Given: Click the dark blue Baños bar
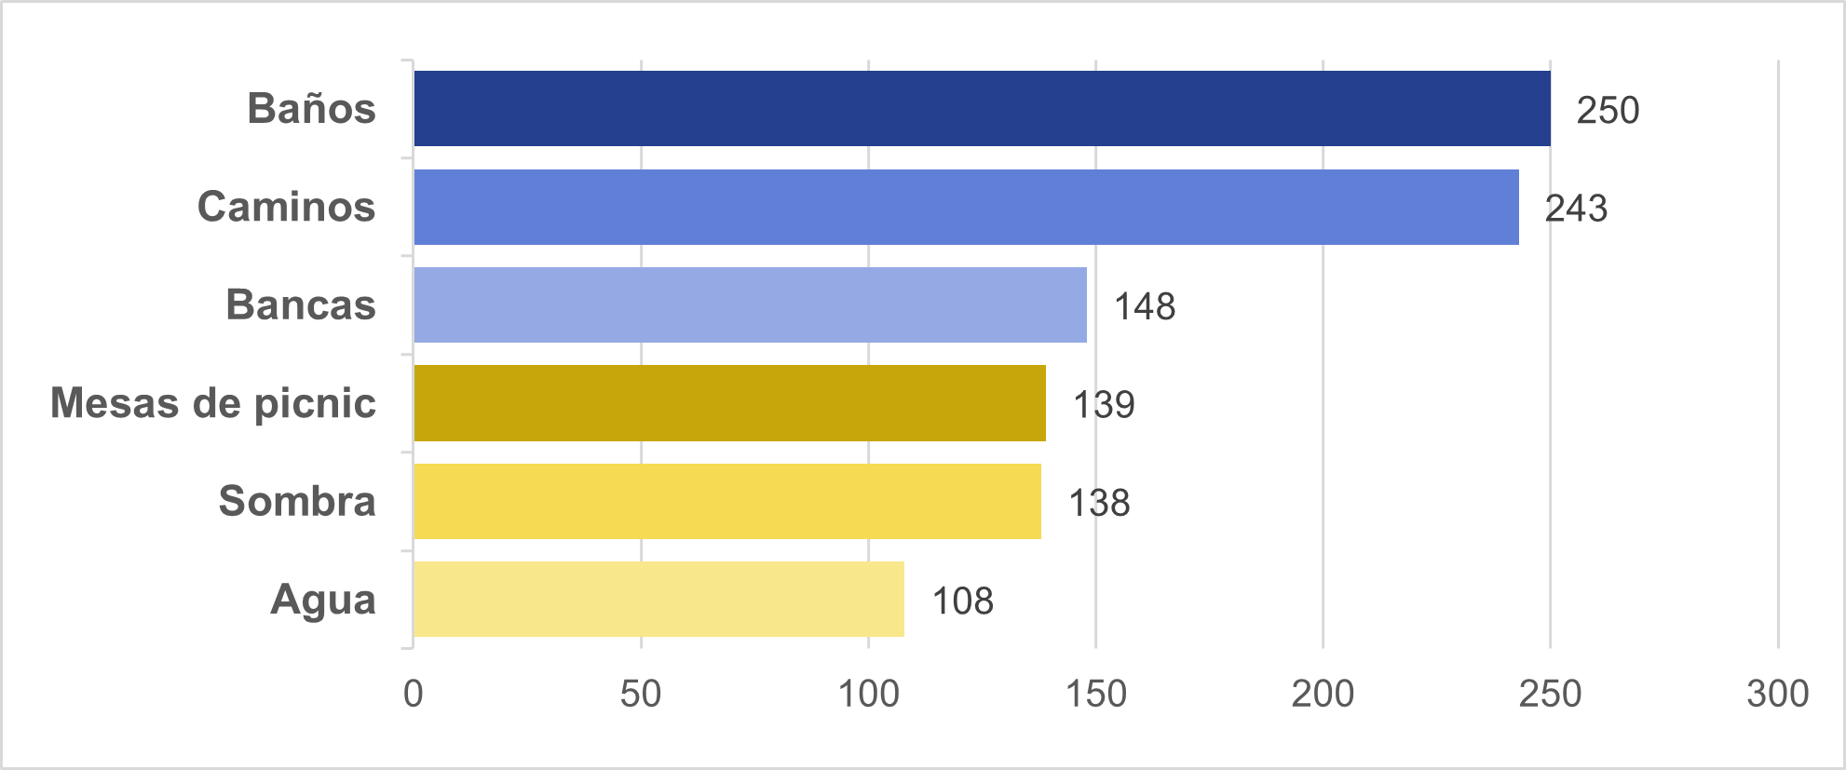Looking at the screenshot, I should pos(982,108).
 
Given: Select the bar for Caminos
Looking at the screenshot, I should pos(966,207).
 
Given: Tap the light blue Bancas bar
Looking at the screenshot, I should pos(750,304).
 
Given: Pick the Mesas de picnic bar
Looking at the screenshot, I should pos(729,403).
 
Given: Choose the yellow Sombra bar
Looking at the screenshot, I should pos(727,501).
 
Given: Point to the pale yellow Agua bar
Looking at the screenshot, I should pos(658,599).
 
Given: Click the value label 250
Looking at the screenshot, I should pos(1608,110).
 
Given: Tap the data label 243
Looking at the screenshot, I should pos(1576,209).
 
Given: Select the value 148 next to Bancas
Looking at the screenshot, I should pos(1145,306).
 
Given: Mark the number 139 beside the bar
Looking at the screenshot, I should pos(1104,404).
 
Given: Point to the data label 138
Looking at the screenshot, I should pos(1099,503).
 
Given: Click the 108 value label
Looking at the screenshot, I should pos(963,601).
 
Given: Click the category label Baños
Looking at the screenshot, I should pos(311,108).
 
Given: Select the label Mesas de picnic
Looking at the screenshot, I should pos(213,403).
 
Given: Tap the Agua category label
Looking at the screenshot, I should pos(322,600).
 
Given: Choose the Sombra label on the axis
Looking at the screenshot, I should pos(297,501).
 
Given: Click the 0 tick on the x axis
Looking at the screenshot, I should pos(414,694).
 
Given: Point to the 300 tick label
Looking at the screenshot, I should pos(1777,694).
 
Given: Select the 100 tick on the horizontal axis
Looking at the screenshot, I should pos(868,694).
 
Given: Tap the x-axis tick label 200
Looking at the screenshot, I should pos(1323,694).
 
